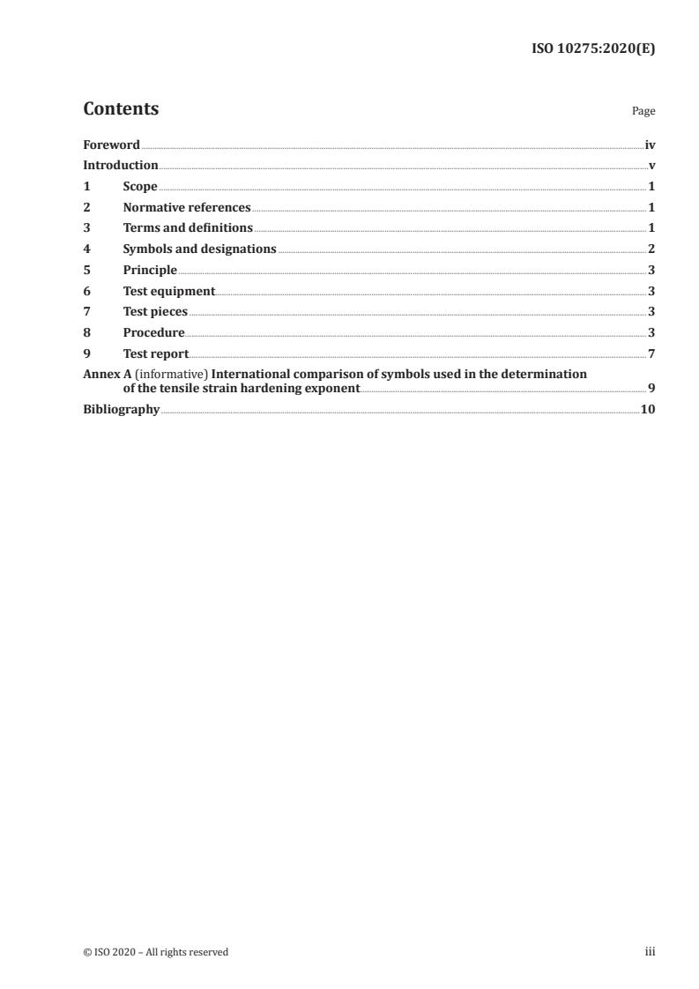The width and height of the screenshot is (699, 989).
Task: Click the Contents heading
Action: coord(121,109)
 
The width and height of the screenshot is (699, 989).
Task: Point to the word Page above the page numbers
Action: coord(643,112)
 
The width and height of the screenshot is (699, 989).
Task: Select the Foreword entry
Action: coord(111,145)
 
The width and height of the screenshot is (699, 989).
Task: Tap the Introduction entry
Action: coord(121,166)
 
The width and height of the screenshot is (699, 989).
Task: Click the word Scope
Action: coord(140,187)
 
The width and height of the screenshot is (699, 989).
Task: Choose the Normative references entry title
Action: coord(187,208)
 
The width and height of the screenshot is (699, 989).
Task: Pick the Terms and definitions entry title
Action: coord(188,228)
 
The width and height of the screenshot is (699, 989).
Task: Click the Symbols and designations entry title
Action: coord(199,249)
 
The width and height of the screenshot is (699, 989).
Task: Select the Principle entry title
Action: coord(150,270)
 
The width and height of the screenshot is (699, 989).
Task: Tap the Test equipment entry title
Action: coord(168,291)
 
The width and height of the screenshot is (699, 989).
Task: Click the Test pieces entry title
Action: coord(155,311)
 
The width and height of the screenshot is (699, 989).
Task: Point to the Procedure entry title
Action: coord(153,332)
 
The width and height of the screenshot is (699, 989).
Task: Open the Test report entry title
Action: coord(156,353)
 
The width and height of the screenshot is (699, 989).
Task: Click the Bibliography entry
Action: coord(121,409)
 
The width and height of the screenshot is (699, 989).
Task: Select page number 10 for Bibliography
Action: coord(648,409)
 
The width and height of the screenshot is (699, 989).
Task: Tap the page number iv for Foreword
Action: coord(650,145)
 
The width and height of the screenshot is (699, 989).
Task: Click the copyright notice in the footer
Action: coord(155,952)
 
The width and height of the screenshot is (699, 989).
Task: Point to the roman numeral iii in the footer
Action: coord(651,952)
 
